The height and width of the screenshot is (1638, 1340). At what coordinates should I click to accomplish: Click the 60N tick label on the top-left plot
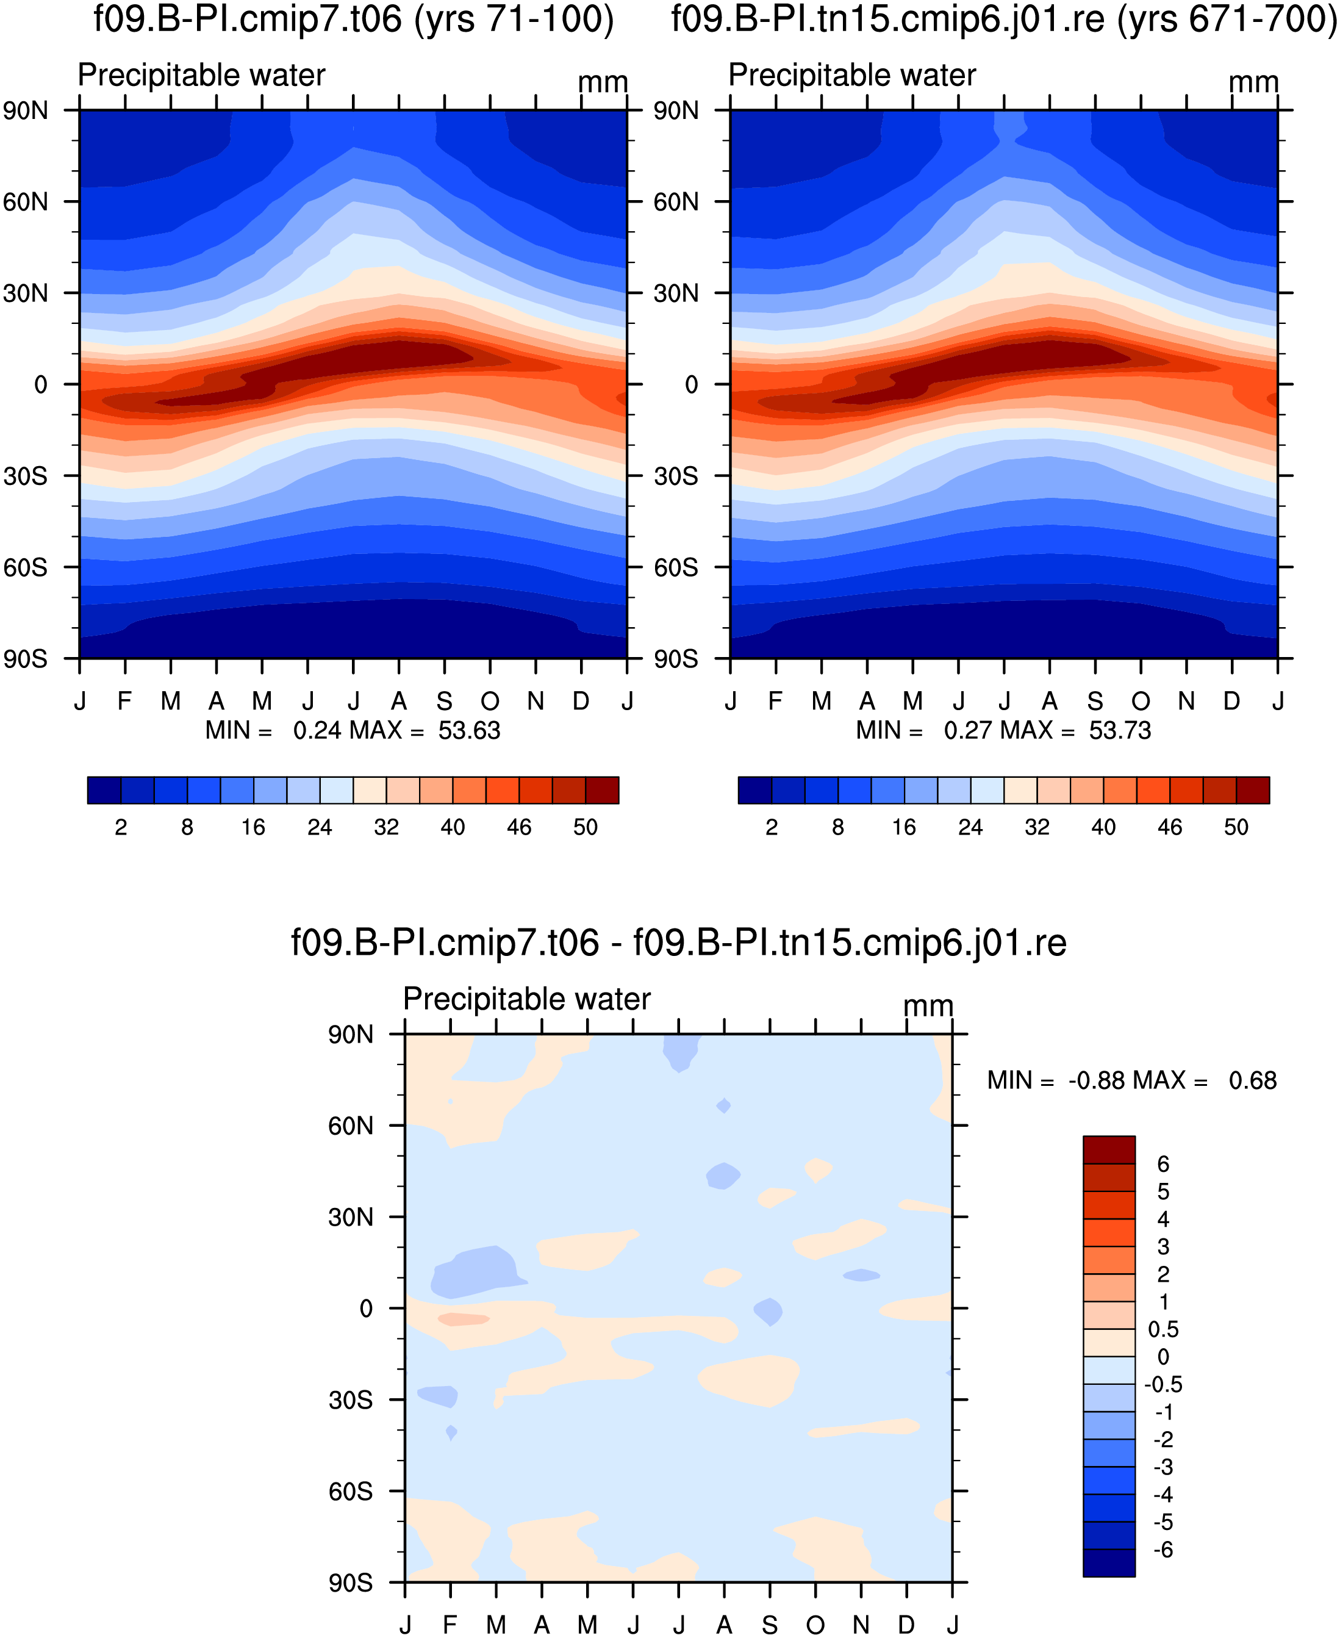(26, 203)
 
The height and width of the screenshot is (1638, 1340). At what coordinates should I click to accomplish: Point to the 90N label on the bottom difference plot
(351, 1035)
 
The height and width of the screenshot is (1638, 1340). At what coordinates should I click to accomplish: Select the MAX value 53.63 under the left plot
(469, 730)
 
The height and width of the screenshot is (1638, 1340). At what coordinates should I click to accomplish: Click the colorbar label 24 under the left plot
(320, 827)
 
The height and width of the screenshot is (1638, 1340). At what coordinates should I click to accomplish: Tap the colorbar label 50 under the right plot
(1236, 827)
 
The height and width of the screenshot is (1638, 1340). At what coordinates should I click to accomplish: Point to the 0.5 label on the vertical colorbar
(1163, 1329)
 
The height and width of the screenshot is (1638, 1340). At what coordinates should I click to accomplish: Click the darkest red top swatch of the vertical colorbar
(1109, 1149)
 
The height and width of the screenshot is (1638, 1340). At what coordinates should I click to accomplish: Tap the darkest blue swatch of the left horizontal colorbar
(104, 791)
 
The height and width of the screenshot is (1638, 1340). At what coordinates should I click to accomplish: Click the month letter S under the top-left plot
(445, 701)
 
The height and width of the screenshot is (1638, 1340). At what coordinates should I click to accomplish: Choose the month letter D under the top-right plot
(1232, 701)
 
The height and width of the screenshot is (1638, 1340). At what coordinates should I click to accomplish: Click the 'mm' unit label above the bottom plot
(928, 1006)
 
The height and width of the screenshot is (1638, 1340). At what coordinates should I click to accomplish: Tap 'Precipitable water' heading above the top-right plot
(852, 75)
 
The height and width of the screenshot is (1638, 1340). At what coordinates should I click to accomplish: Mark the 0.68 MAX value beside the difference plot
(1253, 1080)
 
